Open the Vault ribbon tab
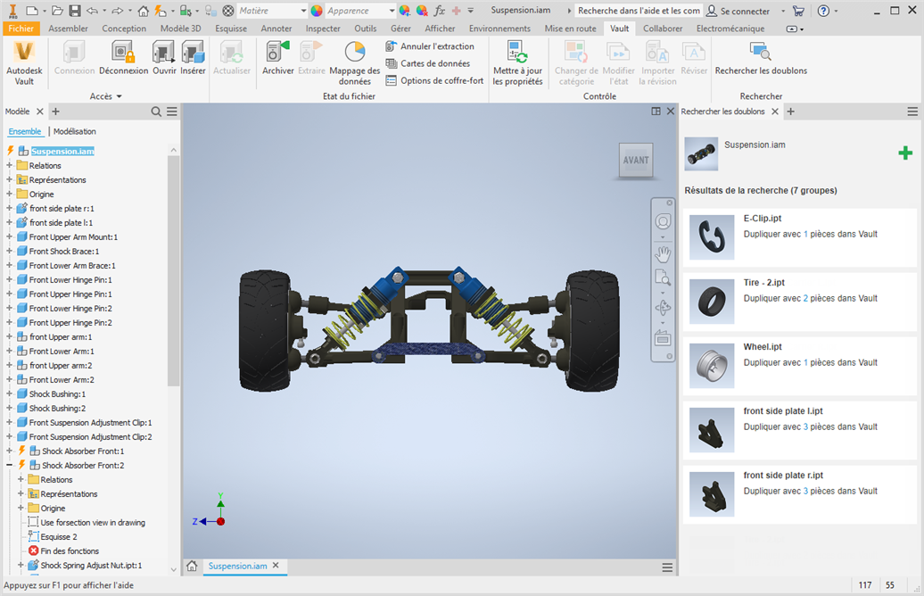(619, 29)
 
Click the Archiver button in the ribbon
(277, 58)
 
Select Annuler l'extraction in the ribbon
(430, 46)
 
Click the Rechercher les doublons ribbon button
(761, 58)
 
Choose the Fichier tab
(21, 29)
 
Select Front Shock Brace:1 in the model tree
(64, 251)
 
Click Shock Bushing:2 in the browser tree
(57, 408)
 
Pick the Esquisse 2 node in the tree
(59, 536)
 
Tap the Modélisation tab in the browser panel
(75, 131)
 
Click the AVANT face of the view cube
(636, 160)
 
